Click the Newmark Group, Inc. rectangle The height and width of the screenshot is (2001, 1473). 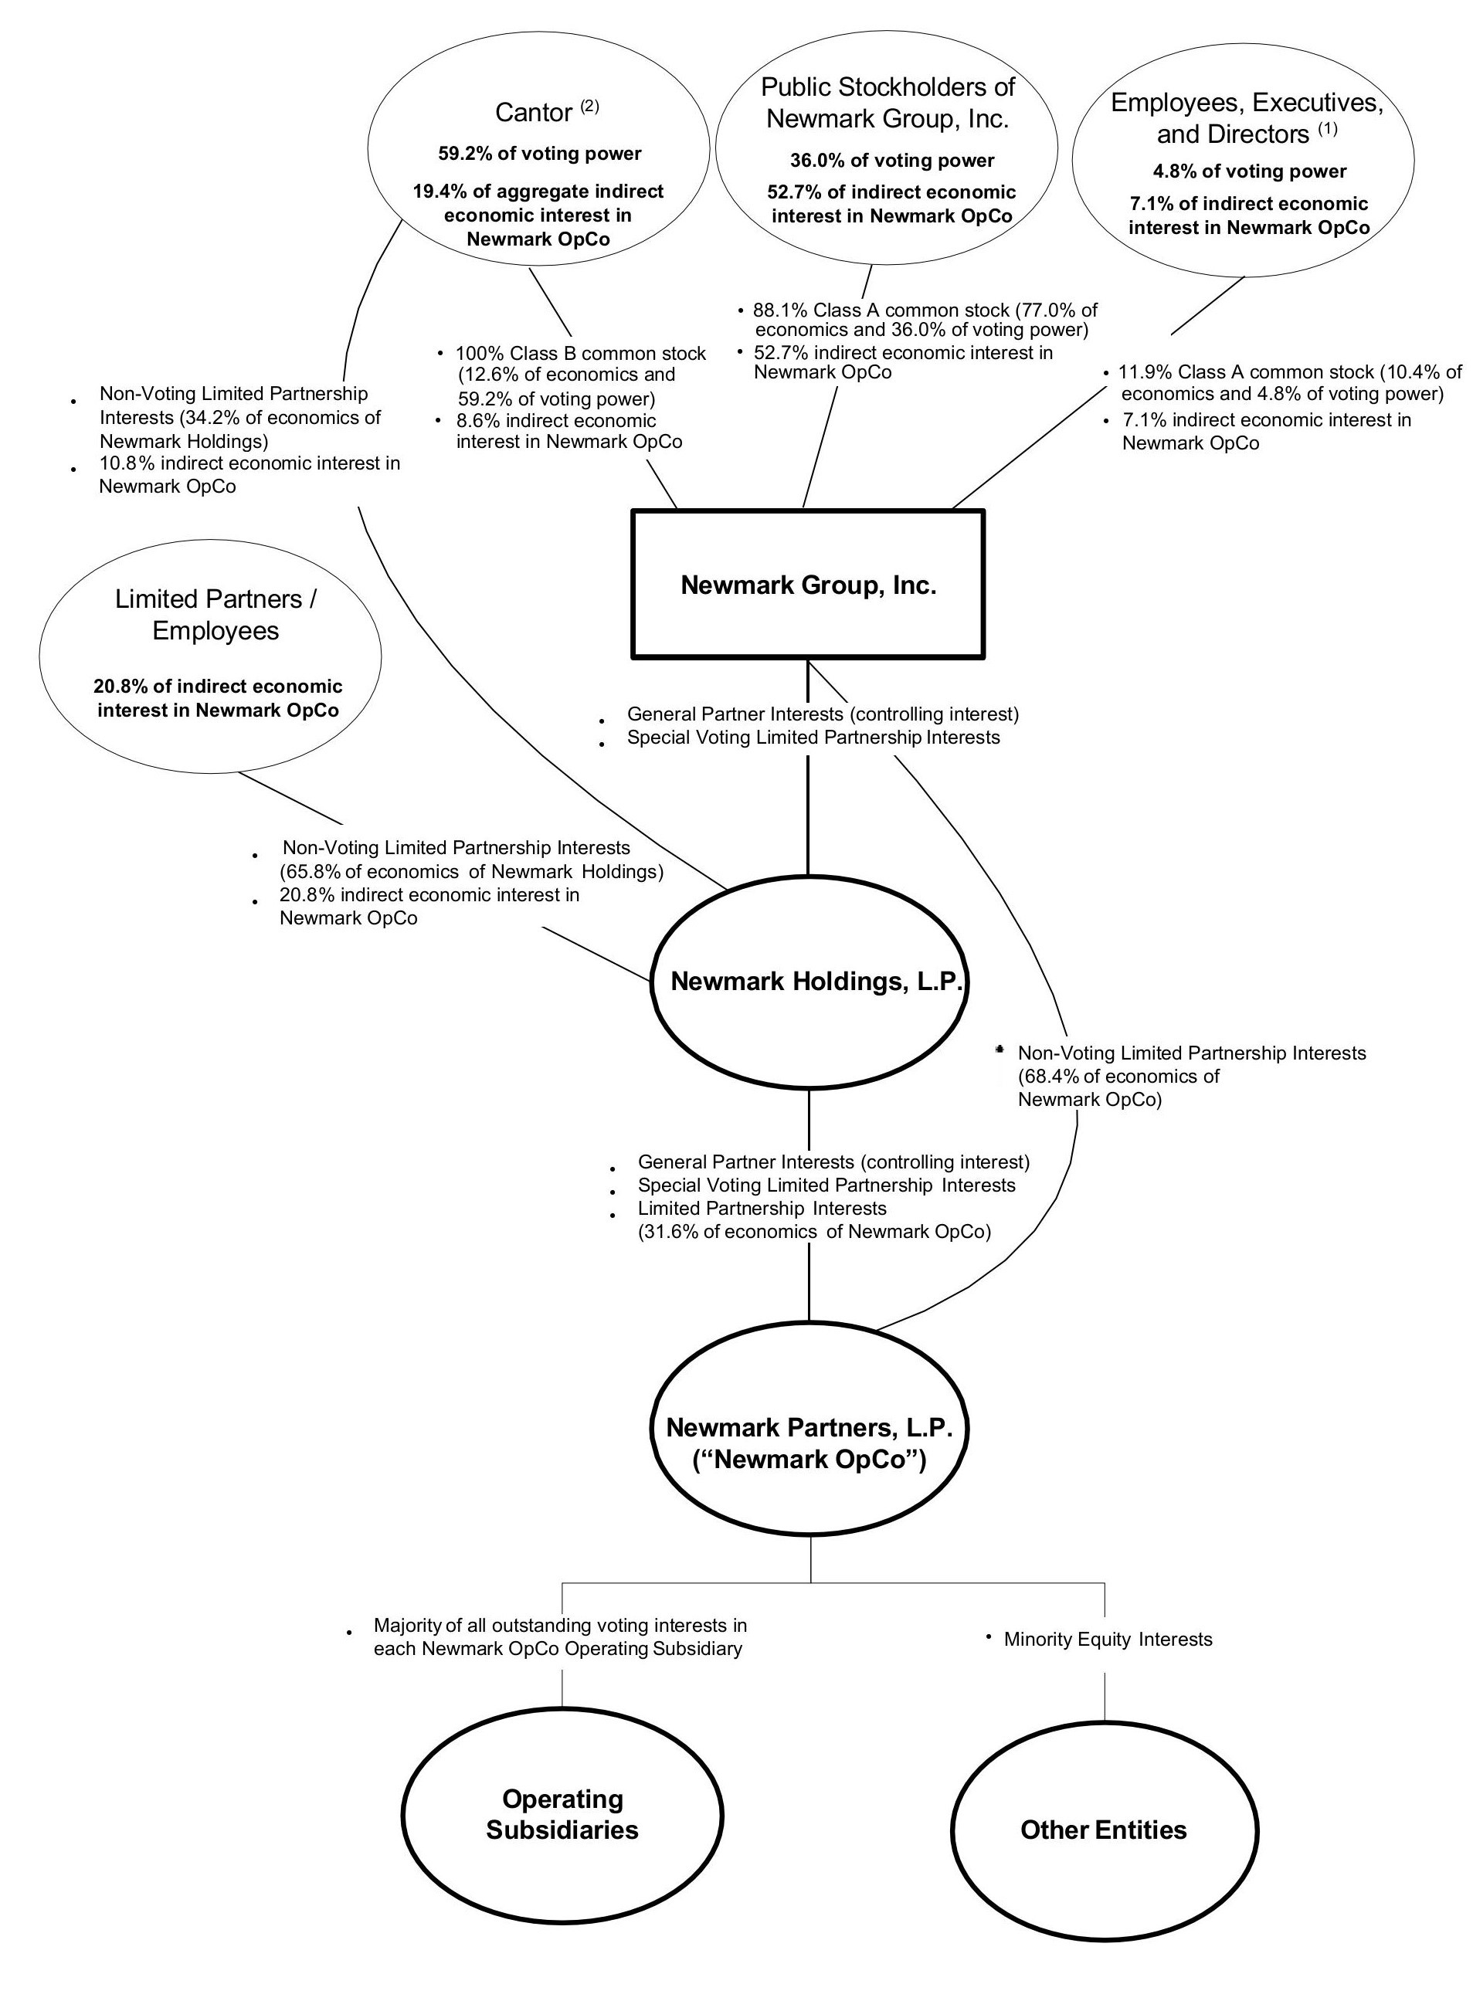pos(808,585)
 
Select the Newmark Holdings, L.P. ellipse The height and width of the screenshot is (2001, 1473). pos(809,982)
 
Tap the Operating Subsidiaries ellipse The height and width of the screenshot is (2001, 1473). pos(562,1814)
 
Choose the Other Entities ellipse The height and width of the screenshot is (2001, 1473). pos(1104,1830)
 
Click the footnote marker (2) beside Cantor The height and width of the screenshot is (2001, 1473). pos(589,106)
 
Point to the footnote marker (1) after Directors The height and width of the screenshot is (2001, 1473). pos(1328,128)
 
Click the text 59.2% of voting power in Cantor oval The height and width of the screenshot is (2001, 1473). pos(539,154)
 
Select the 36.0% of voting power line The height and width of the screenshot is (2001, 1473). pos(891,161)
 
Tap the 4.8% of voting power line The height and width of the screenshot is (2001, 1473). pos(1249,171)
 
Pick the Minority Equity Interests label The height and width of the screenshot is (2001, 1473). pos(1108,1639)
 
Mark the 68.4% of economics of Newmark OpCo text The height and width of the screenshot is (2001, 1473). pos(1118,1076)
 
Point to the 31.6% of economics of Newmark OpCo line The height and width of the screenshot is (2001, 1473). pos(814,1232)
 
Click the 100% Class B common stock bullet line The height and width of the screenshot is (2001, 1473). pos(580,354)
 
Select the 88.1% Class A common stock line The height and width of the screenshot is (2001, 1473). pos(925,310)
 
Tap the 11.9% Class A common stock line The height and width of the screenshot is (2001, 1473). pos(1289,371)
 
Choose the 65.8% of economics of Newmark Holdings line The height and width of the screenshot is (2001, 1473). pos(472,872)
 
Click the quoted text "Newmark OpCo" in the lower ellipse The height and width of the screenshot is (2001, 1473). pos(809,1460)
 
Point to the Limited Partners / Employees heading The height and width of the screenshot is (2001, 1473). pos(215,614)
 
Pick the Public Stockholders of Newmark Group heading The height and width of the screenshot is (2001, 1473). pos(888,103)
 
